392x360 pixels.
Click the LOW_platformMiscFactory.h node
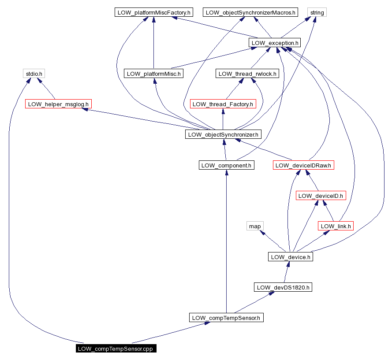[153, 13]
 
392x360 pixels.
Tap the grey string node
[317, 13]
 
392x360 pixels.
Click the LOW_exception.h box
[275, 43]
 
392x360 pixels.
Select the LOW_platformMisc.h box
[153, 74]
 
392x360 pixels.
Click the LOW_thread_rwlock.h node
[247, 74]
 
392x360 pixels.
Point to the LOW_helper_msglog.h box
[58, 104]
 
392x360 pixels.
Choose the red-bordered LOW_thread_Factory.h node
[223, 104]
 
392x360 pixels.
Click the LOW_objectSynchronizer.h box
[223, 134]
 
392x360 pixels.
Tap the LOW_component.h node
[226, 165]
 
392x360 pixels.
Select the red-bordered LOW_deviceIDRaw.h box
[303, 165]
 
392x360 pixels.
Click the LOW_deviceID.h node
[321, 196]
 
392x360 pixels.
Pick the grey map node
[255, 226]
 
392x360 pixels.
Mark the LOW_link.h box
[336, 226]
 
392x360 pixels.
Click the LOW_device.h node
[290, 257]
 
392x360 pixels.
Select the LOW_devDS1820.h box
[283, 287]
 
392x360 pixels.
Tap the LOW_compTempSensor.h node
[226, 318]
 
